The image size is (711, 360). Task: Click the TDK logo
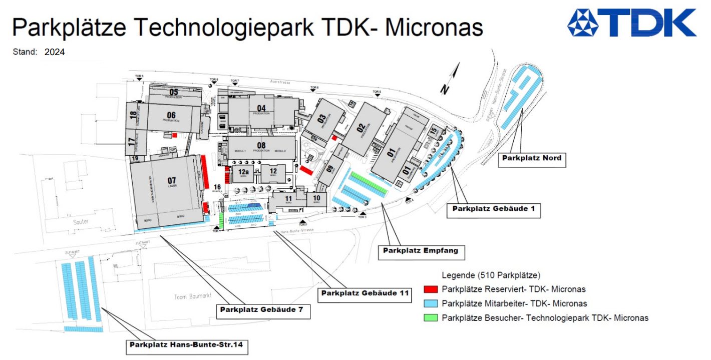point(631,23)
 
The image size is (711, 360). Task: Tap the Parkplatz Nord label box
point(532,158)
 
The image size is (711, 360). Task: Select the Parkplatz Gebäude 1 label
point(493,209)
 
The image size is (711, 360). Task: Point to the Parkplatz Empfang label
point(420,250)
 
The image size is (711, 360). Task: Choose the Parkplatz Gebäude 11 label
point(365,293)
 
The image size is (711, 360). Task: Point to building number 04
point(261,108)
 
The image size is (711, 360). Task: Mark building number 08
point(261,146)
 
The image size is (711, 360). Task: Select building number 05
point(174,92)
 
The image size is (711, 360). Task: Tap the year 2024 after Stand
point(55,52)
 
